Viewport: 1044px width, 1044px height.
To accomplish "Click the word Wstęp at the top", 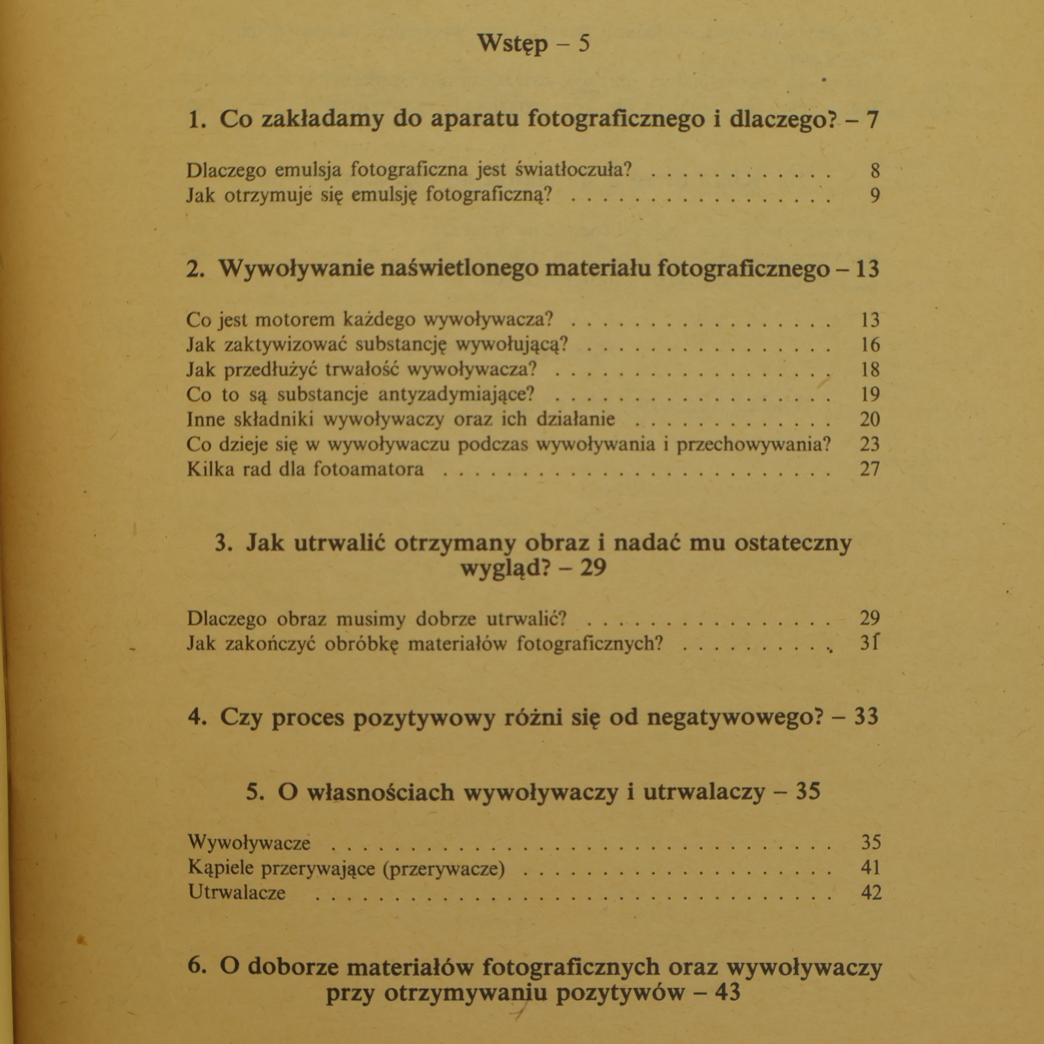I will click(512, 44).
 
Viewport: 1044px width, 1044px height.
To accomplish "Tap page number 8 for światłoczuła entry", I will click(874, 170).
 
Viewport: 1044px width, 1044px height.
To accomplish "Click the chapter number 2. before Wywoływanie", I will click(195, 269).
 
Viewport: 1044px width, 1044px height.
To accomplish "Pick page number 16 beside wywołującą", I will click(870, 345).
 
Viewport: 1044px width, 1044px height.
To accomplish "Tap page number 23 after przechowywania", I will click(870, 444).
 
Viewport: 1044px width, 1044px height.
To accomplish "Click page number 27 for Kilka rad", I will click(870, 469).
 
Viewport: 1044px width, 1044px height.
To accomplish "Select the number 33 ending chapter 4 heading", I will click(866, 717).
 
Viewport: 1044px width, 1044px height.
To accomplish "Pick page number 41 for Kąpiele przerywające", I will click(871, 868).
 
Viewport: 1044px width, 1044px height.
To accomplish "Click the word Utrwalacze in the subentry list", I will click(237, 893).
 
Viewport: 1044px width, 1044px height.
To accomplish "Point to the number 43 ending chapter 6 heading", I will click(728, 993).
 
